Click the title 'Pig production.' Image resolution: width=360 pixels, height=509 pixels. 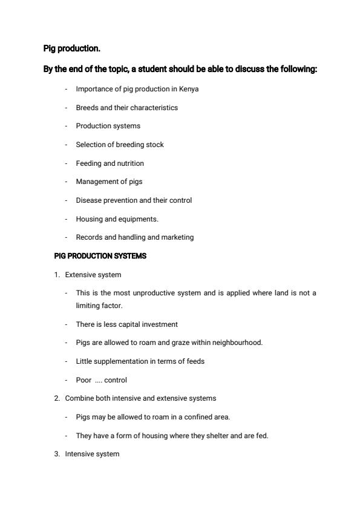pyautogui.click(x=71, y=48)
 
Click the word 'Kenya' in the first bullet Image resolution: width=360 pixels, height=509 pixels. pyautogui.click(x=189, y=89)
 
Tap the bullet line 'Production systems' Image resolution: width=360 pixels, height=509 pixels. pyautogui.click(x=108, y=126)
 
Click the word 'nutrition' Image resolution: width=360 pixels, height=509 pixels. pyautogui.click(x=130, y=163)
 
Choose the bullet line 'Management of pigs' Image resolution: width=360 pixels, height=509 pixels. pyautogui.click(x=109, y=182)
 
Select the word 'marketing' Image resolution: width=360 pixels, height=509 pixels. pyautogui.click(x=176, y=237)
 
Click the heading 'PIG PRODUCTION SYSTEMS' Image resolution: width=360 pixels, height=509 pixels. pyautogui.click(x=100, y=256)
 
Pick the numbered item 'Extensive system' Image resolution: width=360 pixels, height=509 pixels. pyautogui.click(x=93, y=275)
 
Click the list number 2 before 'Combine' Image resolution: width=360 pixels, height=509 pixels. pyautogui.click(x=56, y=398)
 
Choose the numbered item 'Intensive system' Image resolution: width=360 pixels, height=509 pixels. pyautogui.click(x=92, y=454)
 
